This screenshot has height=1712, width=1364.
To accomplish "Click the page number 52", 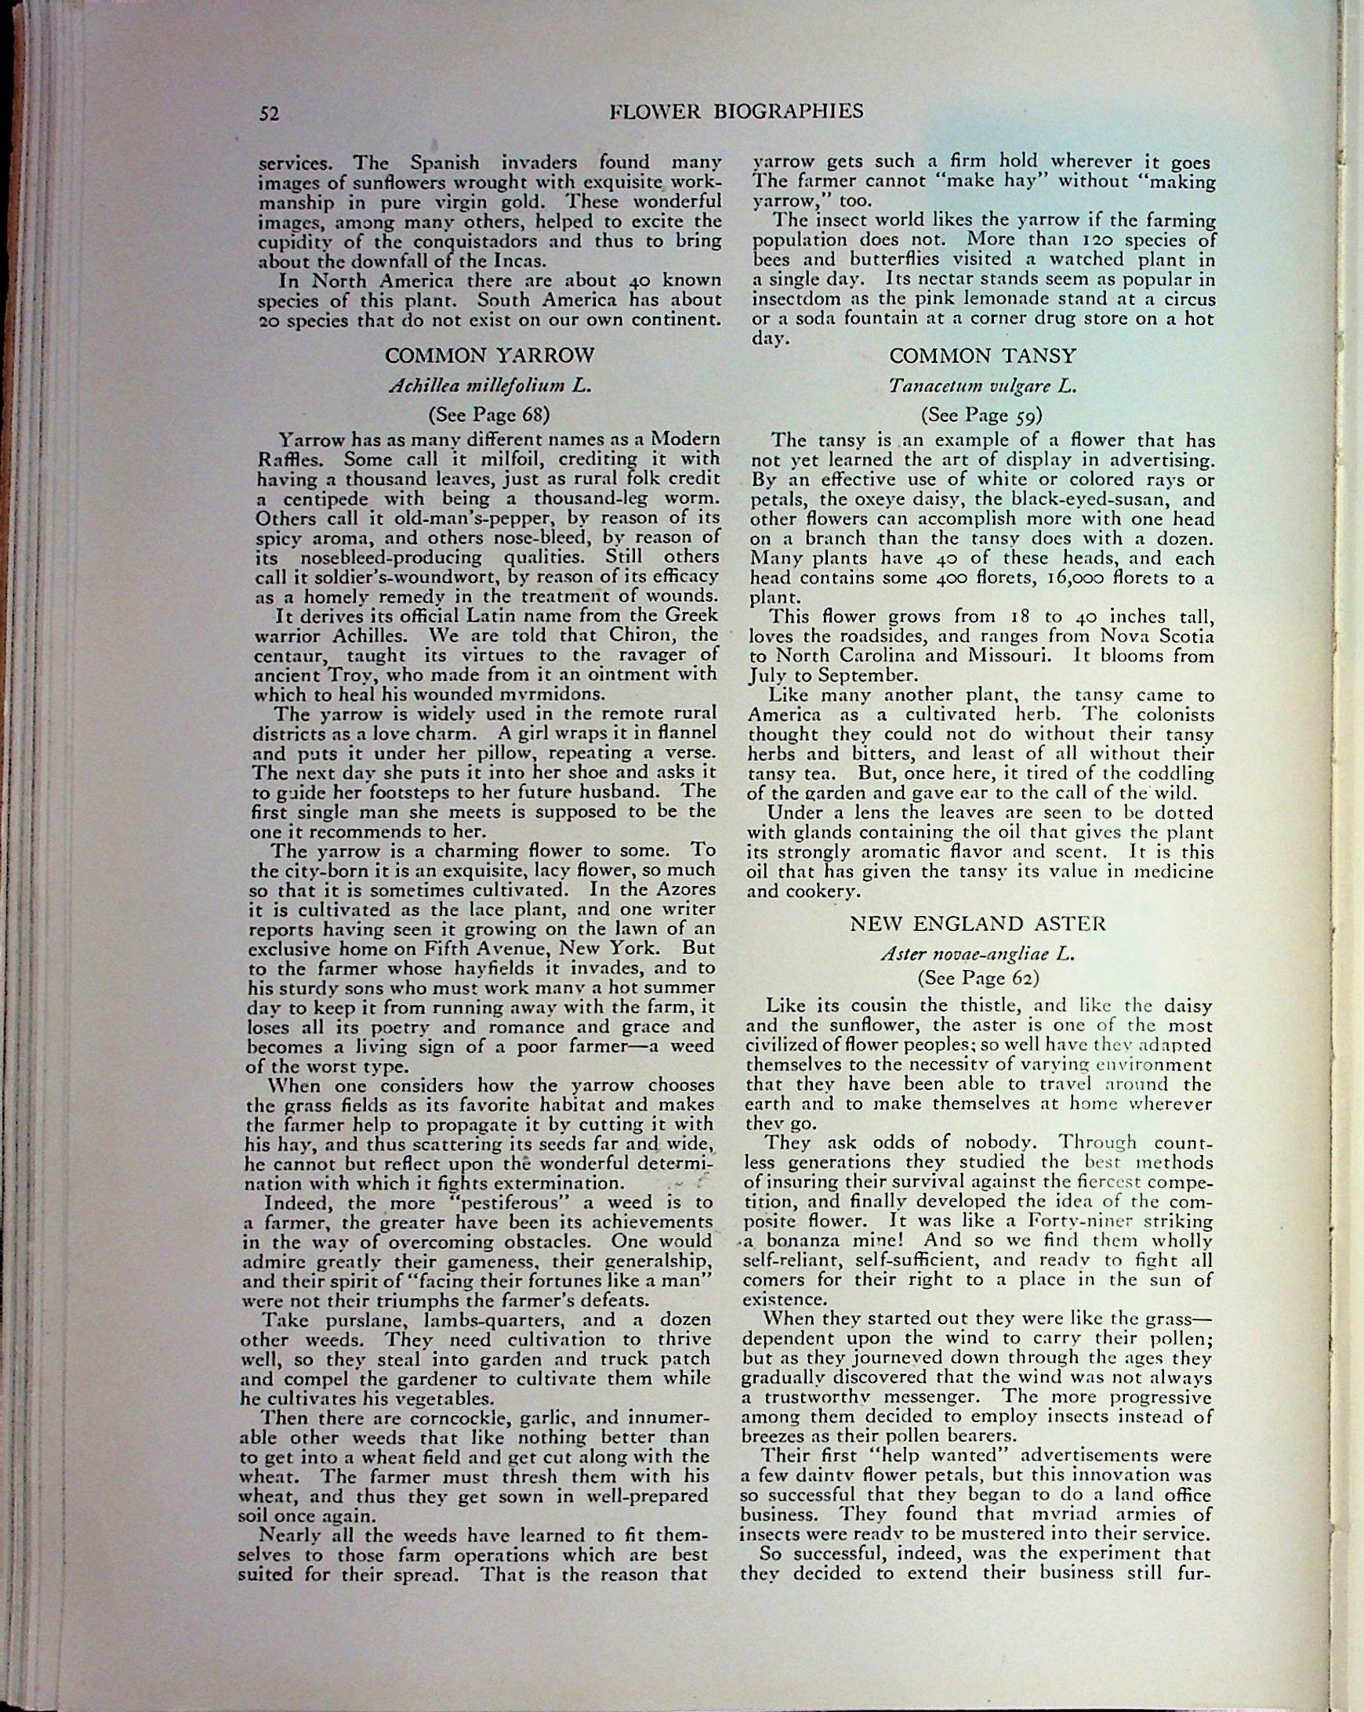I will click(x=270, y=114).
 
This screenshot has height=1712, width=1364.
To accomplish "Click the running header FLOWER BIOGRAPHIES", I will click(x=735, y=111).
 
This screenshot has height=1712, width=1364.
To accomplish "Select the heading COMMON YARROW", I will click(x=489, y=355).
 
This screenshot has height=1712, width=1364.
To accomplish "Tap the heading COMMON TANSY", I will click(x=983, y=356).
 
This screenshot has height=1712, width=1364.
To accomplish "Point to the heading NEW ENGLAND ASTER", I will click(x=977, y=924).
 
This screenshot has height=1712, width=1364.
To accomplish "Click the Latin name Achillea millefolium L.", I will click(x=489, y=386).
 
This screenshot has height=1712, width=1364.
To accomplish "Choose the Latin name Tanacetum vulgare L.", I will click(x=983, y=386).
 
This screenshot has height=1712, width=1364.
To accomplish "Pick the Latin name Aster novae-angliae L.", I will click(x=977, y=954).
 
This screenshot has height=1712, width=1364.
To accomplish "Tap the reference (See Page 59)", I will click(x=982, y=414).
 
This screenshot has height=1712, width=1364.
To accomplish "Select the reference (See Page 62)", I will click(x=978, y=978).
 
